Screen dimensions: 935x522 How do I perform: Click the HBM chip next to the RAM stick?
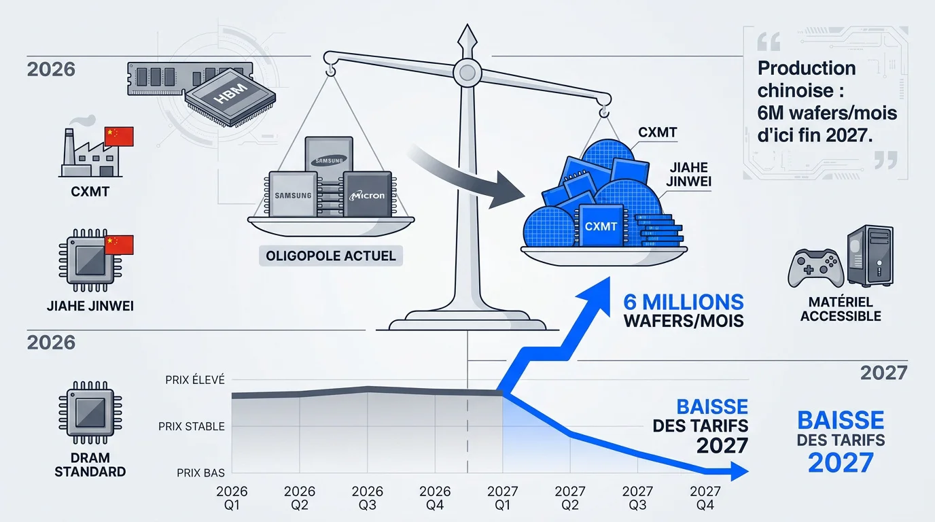pyautogui.click(x=230, y=97)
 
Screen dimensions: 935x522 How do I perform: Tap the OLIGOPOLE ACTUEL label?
pyautogui.click(x=331, y=256)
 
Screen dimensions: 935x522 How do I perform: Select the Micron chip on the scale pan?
pyautogui.click(x=368, y=194)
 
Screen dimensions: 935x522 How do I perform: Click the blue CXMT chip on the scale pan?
pyautogui.click(x=601, y=226)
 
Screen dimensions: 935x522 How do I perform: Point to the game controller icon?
pyautogui.click(x=815, y=268)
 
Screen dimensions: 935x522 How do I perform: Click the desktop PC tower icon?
pyautogui.click(x=870, y=255)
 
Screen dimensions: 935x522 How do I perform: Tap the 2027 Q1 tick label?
pyautogui.click(x=503, y=498)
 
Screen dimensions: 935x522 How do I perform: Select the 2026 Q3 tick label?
pyautogui.click(x=368, y=498)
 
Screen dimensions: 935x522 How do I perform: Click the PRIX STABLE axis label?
pyautogui.click(x=192, y=426)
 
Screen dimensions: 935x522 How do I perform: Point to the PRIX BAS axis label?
pyautogui.click(x=200, y=473)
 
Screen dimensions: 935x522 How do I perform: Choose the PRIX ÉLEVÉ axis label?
pyautogui.click(x=195, y=379)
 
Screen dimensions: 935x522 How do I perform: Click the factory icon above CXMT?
pyautogui.click(x=90, y=152)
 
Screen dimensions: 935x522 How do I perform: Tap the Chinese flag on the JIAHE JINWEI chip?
pyautogui.click(x=119, y=245)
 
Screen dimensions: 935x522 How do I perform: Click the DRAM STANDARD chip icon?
pyautogui.click(x=90, y=413)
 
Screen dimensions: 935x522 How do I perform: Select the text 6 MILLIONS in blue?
pyautogui.click(x=684, y=302)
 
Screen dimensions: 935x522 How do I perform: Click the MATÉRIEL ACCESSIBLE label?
pyautogui.click(x=841, y=309)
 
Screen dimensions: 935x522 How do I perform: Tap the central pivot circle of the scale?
pyautogui.click(x=467, y=73)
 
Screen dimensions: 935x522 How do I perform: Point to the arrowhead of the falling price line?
pyautogui.click(x=739, y=472)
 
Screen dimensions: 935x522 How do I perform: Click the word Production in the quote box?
pyautogui.click(x=807, y=69)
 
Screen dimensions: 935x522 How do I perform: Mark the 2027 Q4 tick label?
pyautogui.click(x=705, y=498)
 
